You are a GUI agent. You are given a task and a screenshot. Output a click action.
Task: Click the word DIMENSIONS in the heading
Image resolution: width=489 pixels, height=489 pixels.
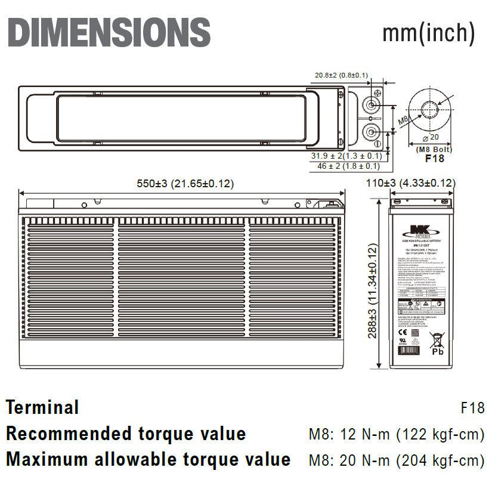109,32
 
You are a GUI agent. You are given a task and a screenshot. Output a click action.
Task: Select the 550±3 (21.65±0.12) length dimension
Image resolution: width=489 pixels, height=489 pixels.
185,184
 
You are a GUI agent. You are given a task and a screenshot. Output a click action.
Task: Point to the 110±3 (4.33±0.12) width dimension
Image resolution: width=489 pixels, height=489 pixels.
410,184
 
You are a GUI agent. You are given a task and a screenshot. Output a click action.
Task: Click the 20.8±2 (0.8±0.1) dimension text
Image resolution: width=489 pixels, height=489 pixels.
341,75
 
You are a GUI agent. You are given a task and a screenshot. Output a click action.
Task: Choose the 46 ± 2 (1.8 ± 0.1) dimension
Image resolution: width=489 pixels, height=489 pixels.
348,166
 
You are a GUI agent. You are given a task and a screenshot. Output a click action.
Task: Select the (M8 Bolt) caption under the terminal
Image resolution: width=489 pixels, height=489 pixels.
434,149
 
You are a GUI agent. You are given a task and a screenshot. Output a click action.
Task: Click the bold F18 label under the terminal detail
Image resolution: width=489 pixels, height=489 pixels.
434,159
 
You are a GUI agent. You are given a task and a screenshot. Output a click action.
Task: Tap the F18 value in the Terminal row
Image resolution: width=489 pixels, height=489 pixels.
472,408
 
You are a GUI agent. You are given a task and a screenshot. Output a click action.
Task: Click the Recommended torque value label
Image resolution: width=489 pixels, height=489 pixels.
126,434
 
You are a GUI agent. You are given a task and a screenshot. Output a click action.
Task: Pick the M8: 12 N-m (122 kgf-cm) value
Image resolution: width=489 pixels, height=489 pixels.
396,434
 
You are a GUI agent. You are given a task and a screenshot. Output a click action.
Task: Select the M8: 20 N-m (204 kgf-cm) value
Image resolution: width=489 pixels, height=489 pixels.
396,460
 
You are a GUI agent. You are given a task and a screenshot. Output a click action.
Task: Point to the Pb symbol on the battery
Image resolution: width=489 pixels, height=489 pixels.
438,352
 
